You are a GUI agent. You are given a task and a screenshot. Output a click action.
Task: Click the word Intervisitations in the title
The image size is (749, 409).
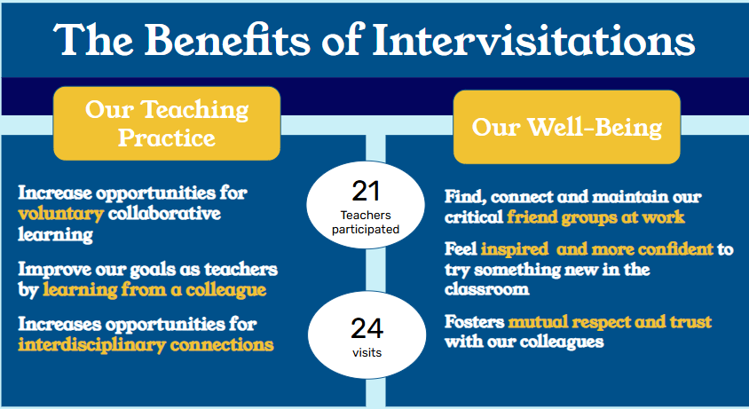coord(533,40)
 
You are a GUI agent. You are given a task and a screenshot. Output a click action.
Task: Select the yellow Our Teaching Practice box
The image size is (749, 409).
coord(167,123)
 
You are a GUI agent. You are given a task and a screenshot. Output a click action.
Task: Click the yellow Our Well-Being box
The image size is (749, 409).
coord(566,127)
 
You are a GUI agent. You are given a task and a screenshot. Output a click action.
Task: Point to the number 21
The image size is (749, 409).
coord(366,191)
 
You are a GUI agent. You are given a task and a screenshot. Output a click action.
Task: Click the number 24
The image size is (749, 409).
coord(367,328)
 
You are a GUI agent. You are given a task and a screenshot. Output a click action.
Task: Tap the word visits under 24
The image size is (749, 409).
coord(367,352)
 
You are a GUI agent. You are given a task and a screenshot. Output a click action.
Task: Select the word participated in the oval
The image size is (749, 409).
coord(366,230)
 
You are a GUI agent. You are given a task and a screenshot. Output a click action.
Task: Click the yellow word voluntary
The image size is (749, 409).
coord(60,214)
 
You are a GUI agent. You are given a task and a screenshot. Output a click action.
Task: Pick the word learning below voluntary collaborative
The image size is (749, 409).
coord(55,234)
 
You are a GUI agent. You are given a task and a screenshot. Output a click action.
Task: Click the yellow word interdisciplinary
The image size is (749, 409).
coord(91,345)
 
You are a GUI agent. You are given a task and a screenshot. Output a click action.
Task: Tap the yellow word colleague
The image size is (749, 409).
coord(225,290)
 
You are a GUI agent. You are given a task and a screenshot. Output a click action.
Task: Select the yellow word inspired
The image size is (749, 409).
coord(515,249)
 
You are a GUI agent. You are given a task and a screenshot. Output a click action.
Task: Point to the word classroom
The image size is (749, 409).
coord(486,289)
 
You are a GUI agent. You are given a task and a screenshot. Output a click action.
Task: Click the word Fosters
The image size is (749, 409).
coord(474,321)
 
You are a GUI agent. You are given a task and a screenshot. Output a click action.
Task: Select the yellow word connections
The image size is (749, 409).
coord(222,345)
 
